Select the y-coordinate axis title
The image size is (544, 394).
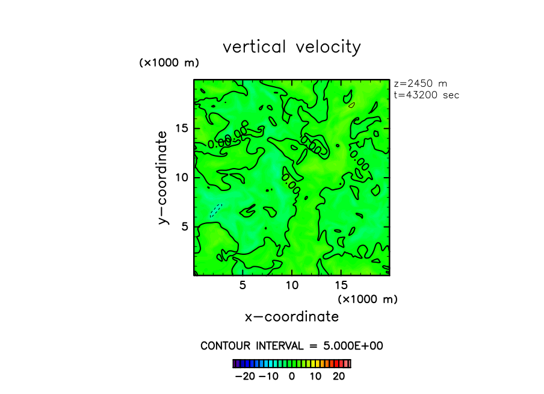[x=162, y=178]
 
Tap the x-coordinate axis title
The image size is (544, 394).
[x=292, y=317]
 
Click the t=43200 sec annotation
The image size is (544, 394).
[x=427, y=95]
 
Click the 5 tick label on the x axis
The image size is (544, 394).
[x=243, y=284]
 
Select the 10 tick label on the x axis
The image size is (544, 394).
[x=292, y=284]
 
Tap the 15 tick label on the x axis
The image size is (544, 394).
[x=341, y=284]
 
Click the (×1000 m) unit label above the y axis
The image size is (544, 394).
[x=169, y=63]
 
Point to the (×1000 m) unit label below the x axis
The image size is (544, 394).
[x=368, y=299]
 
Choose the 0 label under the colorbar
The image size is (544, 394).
[x=292, y=377]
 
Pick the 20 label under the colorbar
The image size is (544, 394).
[x=339, y=377]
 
